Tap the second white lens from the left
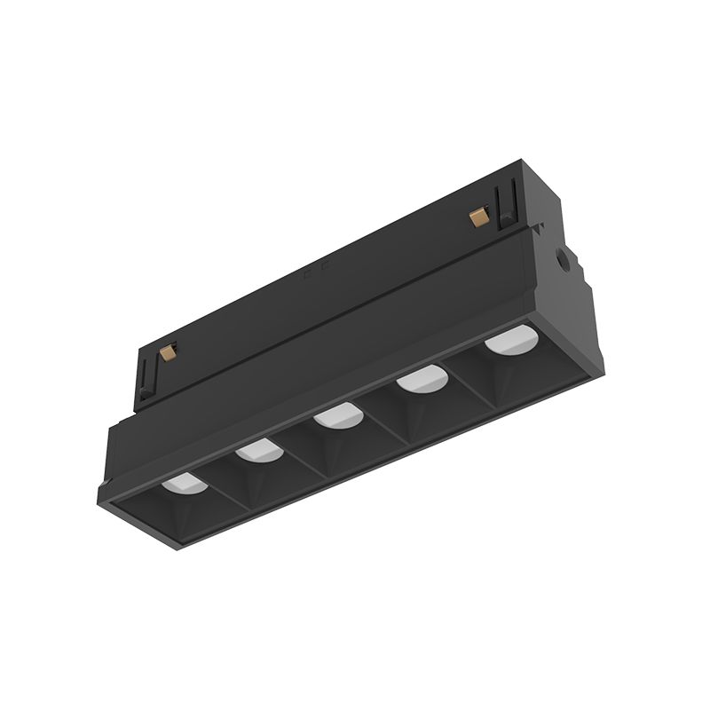coord(258,450)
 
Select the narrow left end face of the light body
coord(104,466)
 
